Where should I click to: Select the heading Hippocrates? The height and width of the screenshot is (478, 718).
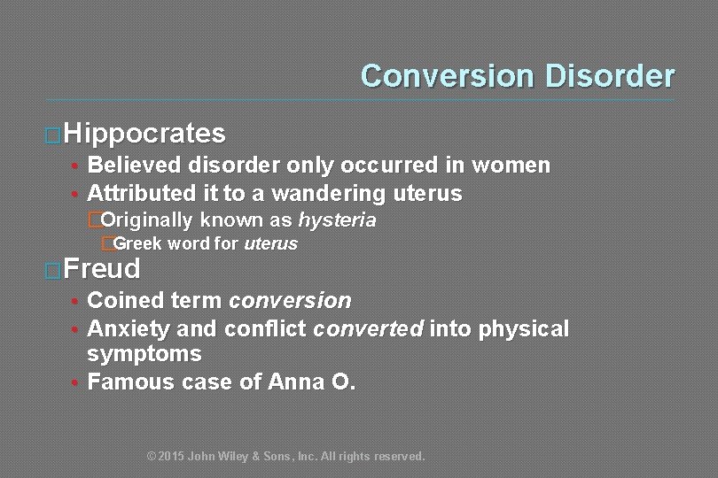(x=144, y=134)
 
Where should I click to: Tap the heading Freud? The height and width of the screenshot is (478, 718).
(x=102, y=268)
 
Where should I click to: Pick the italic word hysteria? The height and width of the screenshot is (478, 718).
(x=337, y=220)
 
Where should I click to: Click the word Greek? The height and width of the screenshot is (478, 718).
(x=137, y=243)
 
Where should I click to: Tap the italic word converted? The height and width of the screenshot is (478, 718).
(x=370, y=329)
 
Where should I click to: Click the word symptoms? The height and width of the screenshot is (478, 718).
(x=144, y=354)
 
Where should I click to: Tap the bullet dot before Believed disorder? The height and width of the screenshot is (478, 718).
(x=77, y=166)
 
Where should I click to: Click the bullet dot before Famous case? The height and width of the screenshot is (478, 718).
(x=77, y=383)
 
